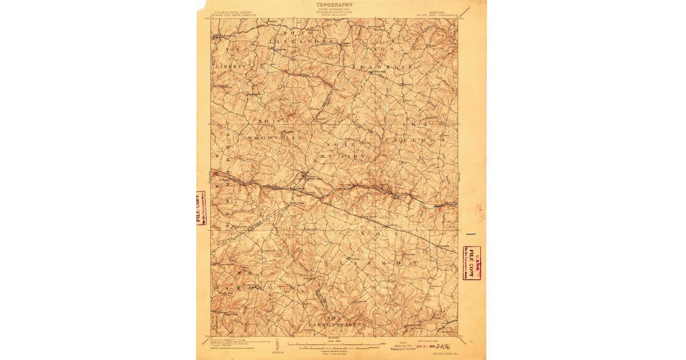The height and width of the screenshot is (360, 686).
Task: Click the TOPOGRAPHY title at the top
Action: (334, 5)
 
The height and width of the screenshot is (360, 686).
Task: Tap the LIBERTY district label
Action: (232, 67)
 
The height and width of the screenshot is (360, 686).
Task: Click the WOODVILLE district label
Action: (274, 138)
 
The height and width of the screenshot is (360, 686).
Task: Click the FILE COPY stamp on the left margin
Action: (201, 208)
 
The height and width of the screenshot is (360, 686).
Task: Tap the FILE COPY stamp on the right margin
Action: (472, 263)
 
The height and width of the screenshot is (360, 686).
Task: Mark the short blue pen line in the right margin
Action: (470, 234)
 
